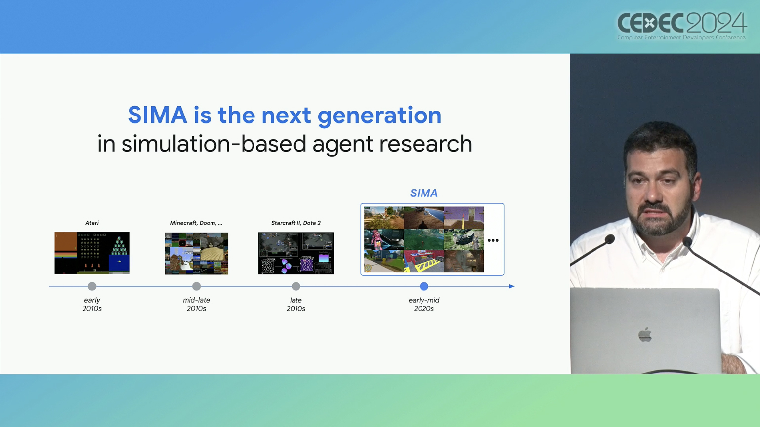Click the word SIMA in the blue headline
click(158, 115)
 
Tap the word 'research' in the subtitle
click(425, 143)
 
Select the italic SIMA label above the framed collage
click(424, 193)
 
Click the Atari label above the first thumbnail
click(92, 223)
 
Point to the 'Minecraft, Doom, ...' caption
click(196, 223)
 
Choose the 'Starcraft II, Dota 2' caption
click(296, 223)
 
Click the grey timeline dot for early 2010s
click(92, 286)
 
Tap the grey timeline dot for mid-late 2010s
click(197, 286)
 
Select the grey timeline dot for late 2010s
click(296, 286)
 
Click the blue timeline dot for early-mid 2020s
click(424, 286)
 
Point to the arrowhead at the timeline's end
click(512, 286)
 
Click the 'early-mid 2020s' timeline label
click(424, 304)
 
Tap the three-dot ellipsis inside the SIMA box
click(493, 240)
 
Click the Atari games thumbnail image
click(92, 253)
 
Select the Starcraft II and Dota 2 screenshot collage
click(296, 253)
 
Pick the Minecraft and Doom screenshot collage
click(197, 254)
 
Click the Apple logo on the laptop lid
click(645, 335)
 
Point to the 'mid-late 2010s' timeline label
click(197, 304)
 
